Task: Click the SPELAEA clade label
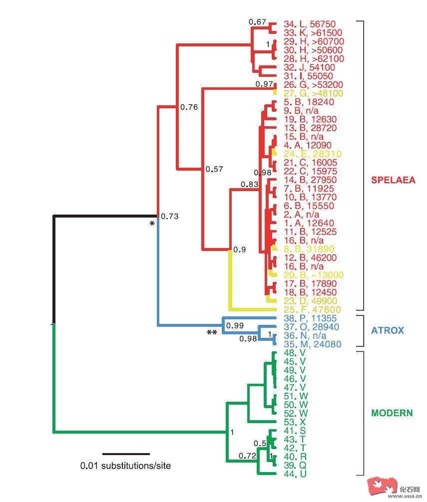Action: [x=393, y=180]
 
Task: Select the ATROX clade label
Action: [x=387, y=330]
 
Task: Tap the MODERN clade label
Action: [x=392, y=413]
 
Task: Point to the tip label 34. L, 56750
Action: [x=310, y=24]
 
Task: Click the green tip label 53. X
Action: [x=295, y=422]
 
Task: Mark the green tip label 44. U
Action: [x=295, y=474]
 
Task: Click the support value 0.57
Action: [x=214, y=169]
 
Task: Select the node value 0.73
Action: [x=170, y=217]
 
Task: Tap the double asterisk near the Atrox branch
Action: [x=212, y=333]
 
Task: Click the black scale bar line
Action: [x=126, y=454]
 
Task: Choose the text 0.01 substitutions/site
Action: [x=125, y=466]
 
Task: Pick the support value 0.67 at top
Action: [x=257, y=21]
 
